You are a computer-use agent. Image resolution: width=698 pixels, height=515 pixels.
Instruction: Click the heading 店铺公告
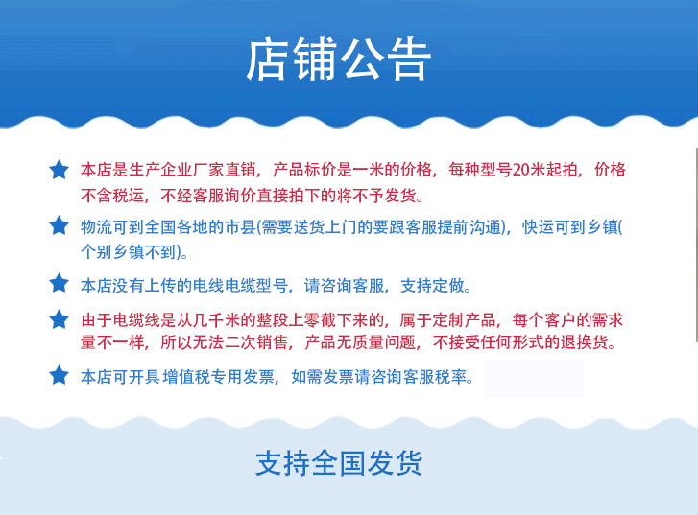pos(339,59)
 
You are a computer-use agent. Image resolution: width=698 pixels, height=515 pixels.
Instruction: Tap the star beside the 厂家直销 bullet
pos(59,170)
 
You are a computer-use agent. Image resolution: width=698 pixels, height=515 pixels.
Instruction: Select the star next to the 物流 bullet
pos(59,225)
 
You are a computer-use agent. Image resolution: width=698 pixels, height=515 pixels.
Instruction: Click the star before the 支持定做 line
pos(59,283)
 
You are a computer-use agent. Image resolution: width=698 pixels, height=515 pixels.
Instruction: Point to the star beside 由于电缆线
pos(59,319)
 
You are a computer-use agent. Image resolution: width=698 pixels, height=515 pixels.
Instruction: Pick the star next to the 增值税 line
pos(59,375)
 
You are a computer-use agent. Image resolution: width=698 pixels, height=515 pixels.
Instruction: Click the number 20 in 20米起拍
pos(520,170)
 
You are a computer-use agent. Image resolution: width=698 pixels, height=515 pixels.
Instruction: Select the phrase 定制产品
pos(464,320)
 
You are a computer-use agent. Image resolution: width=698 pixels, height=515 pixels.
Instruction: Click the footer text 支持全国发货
pos(339,463)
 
